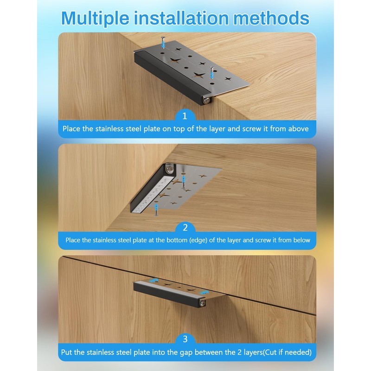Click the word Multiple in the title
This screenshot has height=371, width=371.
(95, 19)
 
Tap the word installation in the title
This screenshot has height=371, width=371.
(181, 18)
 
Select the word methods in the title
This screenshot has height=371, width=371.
(271, 18)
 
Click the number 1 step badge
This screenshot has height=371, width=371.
(185, 116)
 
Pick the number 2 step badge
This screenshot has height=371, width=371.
(185, 227)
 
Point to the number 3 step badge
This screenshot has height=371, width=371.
(185, 339)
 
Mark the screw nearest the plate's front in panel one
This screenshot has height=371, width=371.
(211, 72)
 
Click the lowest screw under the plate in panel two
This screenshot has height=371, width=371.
(156, 210)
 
